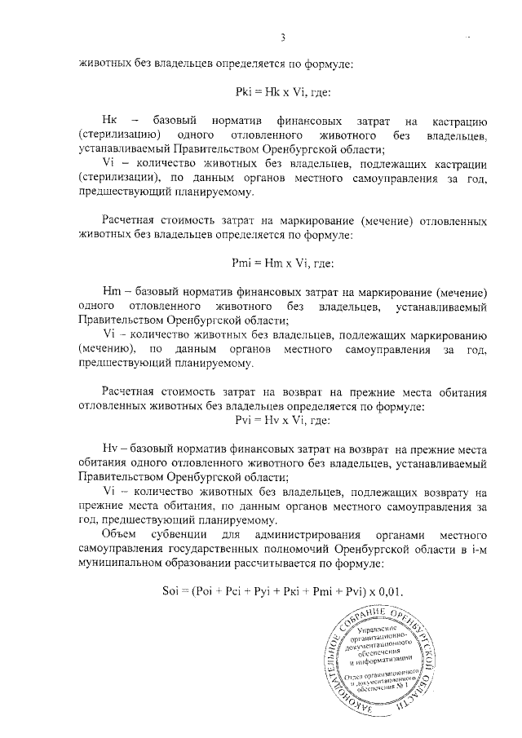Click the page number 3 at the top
pos(283,37)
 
